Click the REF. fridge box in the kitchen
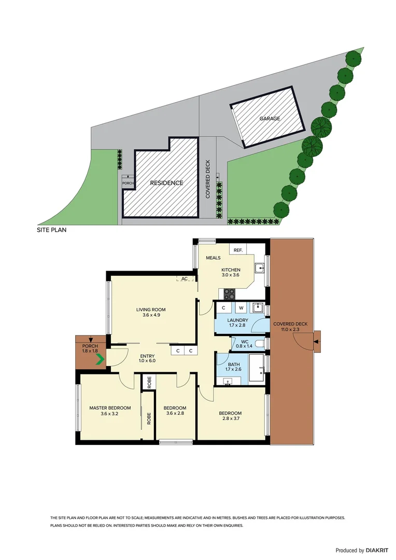[x=238, y=250]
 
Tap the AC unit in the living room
[x=184, y=279]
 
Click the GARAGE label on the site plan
[x=270, y=119]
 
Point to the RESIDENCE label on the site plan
[x=167, y=183]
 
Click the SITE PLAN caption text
[x=51, y=229]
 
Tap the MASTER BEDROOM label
[x=110, y=408]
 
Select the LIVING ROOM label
[x=151, y=310]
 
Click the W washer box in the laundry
[x=241, y=308]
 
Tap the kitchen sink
[x=261, y=268]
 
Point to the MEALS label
[x=213, y=258]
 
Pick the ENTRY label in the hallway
[x=148, y=356]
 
